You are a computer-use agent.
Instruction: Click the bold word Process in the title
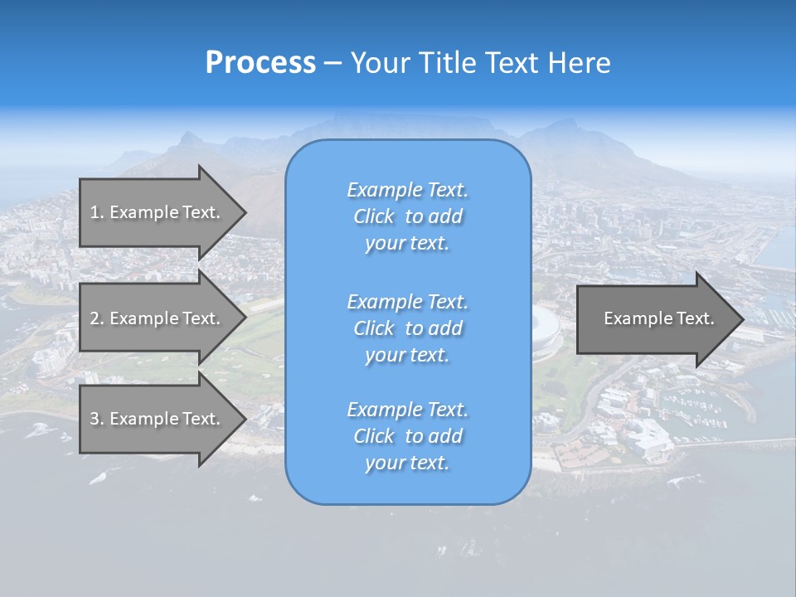coord(260,63)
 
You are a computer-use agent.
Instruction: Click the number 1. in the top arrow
coord(97,212)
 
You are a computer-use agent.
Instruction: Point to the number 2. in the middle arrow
coord(97,318)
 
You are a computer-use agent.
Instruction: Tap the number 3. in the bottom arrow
coord(97,419)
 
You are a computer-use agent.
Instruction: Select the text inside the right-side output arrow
coord(658,318)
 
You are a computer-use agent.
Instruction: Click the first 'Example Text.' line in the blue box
coord(407,190)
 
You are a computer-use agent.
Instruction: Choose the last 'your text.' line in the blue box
coord(407,463)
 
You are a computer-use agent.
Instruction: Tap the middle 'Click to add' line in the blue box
coord(407,328)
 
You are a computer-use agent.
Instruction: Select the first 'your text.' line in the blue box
coord(407,243)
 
